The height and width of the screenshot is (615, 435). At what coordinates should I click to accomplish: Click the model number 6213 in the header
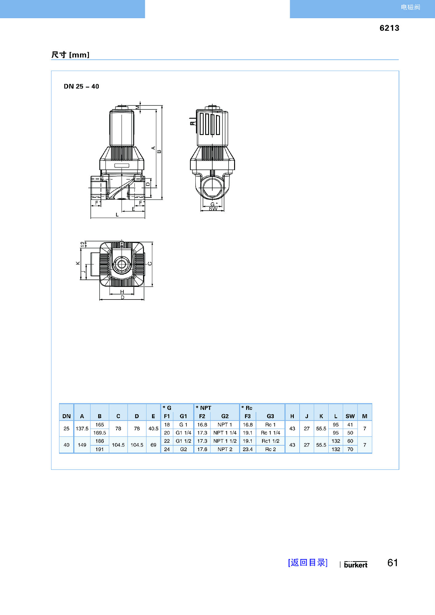pyautogui.click(x=389, y=28)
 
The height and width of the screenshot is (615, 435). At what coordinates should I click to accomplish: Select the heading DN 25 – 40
pyautogui.click(x=81, y=86)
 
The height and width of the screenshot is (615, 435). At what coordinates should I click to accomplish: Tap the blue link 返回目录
pyautogui.click(x=308, y=562)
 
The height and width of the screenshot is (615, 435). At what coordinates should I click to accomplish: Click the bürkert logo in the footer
pyautogui.click(x=356, y=564)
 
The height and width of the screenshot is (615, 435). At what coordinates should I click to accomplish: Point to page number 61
pyautogui.click(x=393, y=562)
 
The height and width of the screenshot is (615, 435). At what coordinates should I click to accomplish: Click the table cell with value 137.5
pyautogui.click(x=82, y=429)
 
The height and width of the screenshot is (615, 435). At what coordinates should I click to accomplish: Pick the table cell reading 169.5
pyautogui.click(x=100, y=433)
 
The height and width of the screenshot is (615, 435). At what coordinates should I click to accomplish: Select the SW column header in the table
pyautogui.click(x=350, y=416)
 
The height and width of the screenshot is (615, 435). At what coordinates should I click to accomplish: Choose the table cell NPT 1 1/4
pyautogui.click(x=225, y=433)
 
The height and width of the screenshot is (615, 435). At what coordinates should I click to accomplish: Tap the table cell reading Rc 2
pyautogui.click(x=270, y=449)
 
